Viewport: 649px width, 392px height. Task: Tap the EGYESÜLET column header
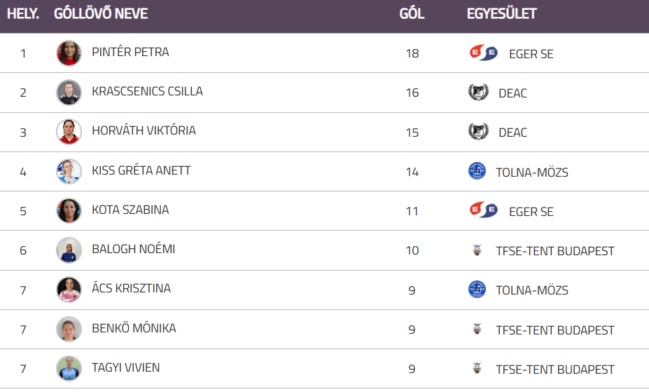tap(501, 14)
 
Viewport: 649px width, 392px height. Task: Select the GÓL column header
tap(412, 14)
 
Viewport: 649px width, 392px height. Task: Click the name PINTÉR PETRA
tap(130, 53)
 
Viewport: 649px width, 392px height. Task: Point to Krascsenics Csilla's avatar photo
tap(69, 93)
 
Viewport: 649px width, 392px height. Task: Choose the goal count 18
tap(412, 53)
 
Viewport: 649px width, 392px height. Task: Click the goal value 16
tap(412, 93)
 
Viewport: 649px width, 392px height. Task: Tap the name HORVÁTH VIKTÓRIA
tap(144, 131)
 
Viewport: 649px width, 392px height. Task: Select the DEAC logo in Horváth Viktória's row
tap(477, 132)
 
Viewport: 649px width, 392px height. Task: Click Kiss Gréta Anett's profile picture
tap(69, 171)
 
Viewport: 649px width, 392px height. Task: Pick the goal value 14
tap(412, 172)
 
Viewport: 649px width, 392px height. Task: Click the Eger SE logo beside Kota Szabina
tap(483, 211)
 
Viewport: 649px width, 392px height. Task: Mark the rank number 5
tap(23, 211)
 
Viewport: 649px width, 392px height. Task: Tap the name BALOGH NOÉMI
tap(133, 250)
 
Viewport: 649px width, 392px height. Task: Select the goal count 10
tap(412, 250)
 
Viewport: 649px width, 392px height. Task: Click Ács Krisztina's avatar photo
tap(69, 290)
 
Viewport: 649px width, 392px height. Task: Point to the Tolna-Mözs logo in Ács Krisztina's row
tap(477, 290)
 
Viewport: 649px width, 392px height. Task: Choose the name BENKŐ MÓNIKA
tap(134, 329)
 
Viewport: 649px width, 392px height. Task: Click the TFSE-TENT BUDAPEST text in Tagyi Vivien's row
tap(554, 369)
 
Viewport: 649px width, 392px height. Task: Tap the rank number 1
tap(23, 53)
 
